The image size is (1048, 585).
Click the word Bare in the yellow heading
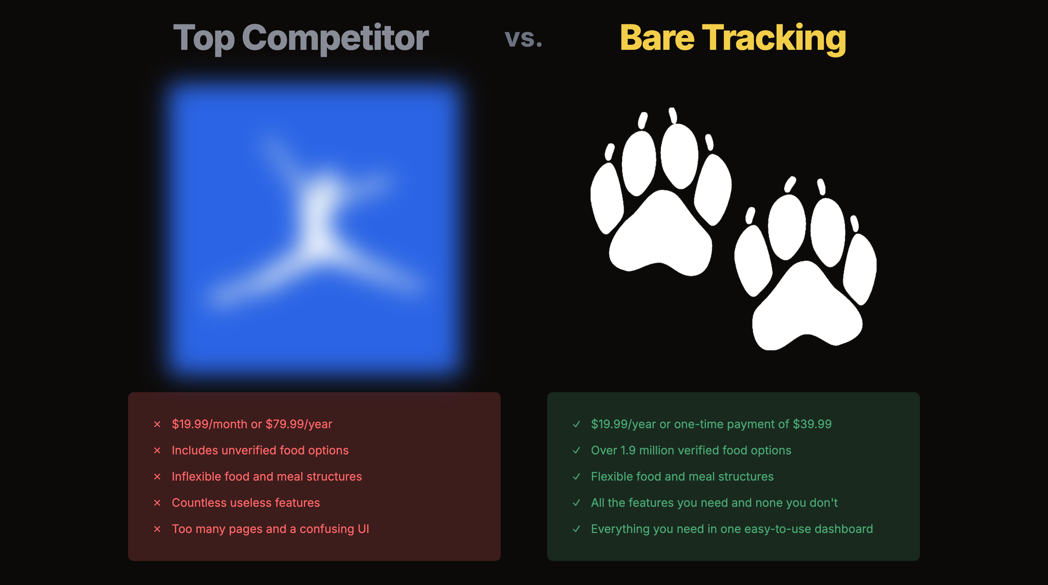(656, 38)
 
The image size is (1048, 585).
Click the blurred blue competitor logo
(314, 228)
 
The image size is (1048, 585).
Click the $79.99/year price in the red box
(299, 424)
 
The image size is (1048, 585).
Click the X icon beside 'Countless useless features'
(158, 503)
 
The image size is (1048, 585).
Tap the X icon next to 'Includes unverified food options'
(158, 450)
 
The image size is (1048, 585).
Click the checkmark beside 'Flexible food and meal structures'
(576, 476)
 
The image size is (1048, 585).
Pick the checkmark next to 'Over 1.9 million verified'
(576, 450)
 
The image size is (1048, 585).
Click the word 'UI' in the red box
(363, 529)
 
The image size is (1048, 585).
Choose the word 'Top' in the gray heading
(204, 38)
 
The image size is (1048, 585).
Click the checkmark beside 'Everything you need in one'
(576, 529)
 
